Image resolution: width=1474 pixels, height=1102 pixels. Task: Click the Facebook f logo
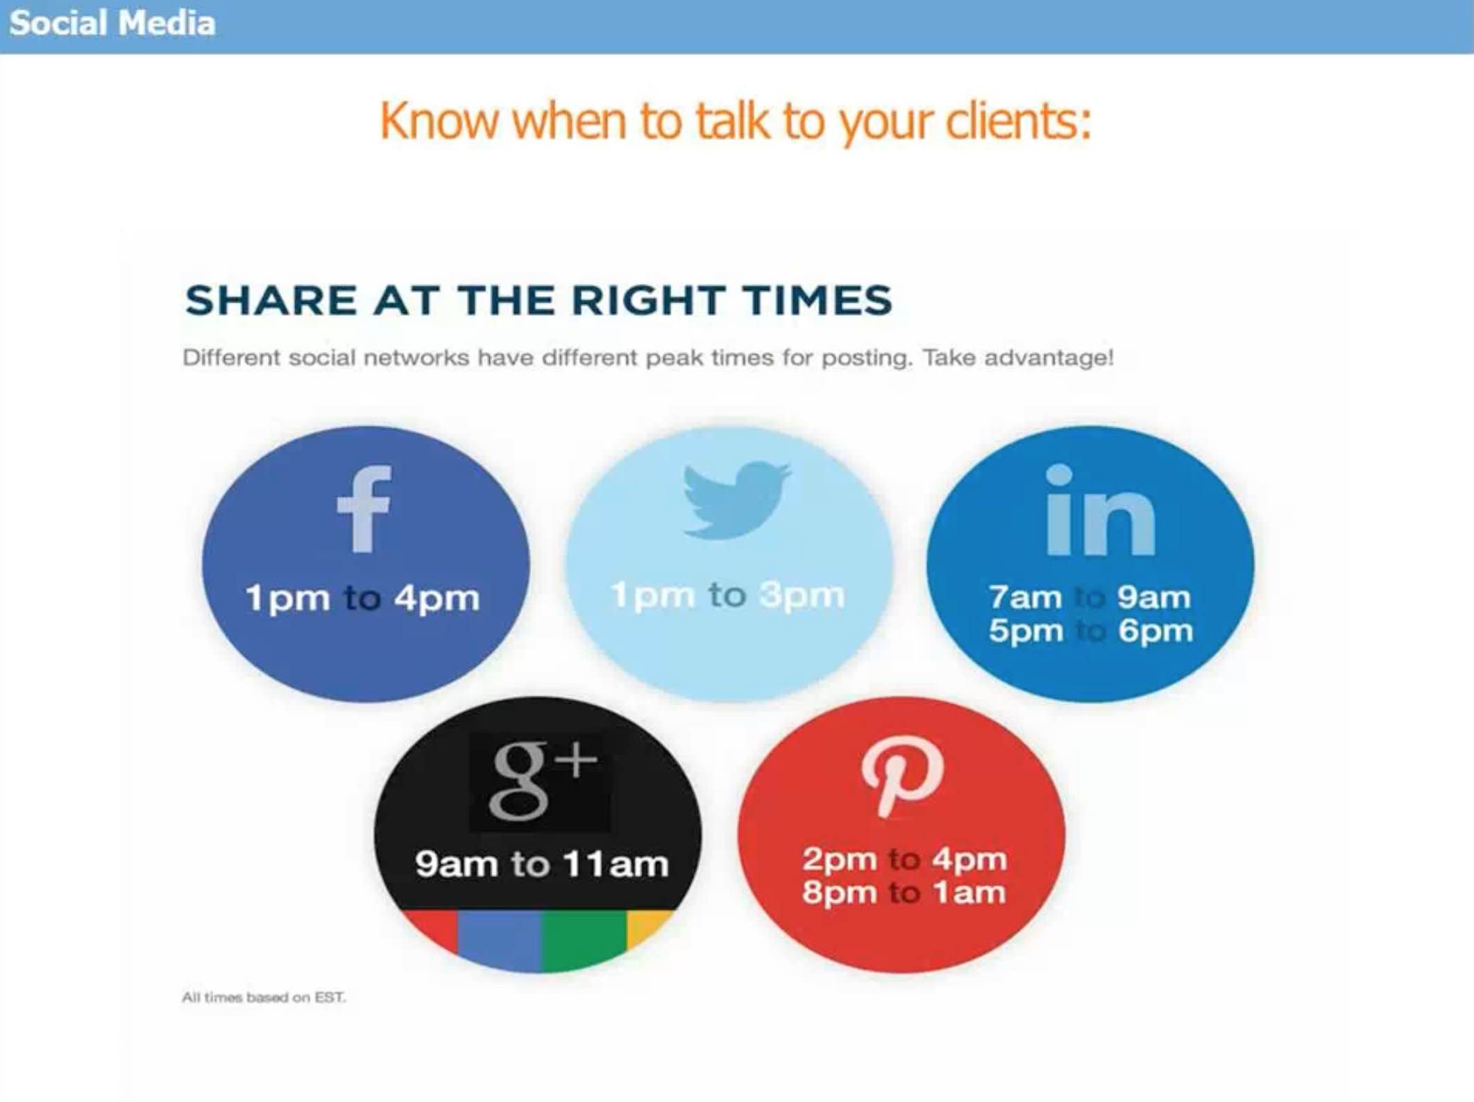coord(364,509)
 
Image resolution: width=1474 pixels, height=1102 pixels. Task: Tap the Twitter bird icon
coord(736,499)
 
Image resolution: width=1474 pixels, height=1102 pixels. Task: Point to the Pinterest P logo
coord(902,775)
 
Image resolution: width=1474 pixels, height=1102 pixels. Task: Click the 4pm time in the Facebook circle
coord(437,597)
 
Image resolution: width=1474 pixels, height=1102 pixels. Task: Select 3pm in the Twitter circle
coord(802,595)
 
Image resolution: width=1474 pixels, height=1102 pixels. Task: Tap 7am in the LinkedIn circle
coord(1025,597)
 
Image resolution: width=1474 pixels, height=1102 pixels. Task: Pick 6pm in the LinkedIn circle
coord(1155,631)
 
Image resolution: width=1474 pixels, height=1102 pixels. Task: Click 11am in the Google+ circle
coord(616,864)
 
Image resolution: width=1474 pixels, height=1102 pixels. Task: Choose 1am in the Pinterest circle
coord(969,892)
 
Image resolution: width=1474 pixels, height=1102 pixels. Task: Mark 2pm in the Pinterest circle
coord(840,860)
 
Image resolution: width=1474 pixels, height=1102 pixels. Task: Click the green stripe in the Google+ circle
coord(584,938)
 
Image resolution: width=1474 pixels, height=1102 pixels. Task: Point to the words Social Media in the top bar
coord(112,23)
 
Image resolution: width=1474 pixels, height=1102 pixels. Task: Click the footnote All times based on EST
coord(264,997)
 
